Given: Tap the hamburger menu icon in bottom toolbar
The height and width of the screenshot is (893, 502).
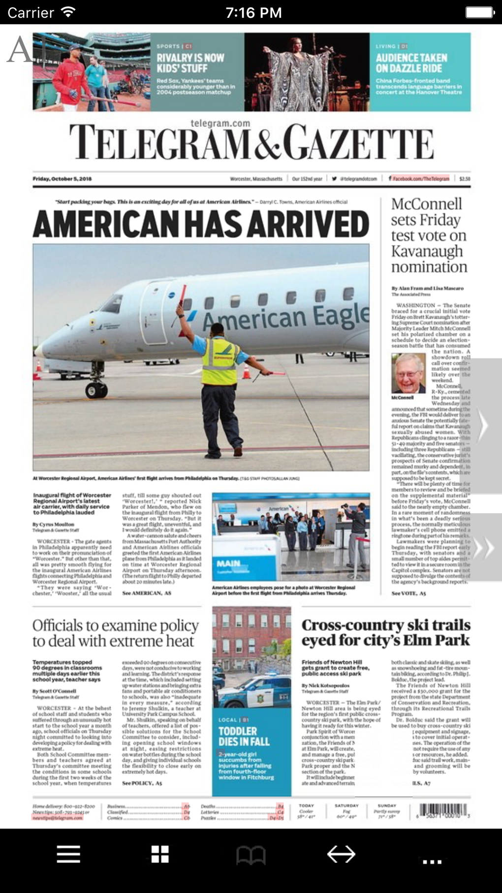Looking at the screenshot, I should (68, 854).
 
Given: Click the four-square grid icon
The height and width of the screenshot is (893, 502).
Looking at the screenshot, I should (160, 854).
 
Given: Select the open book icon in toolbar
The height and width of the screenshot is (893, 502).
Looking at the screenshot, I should (251, 855).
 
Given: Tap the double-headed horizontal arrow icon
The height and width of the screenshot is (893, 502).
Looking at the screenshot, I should (341, 854).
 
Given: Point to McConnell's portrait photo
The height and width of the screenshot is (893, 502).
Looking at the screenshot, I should (408, 373).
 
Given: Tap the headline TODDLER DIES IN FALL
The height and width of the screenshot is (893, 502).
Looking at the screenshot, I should (244, 736).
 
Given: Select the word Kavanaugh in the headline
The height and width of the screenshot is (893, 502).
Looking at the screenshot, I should (427, 251).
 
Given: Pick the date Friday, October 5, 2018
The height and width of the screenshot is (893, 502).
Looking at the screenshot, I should (62, 179).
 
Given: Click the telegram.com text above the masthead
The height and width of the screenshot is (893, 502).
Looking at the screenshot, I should (220, 123).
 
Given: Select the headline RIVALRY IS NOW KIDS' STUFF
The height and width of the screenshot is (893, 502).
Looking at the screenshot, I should (190, 63).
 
